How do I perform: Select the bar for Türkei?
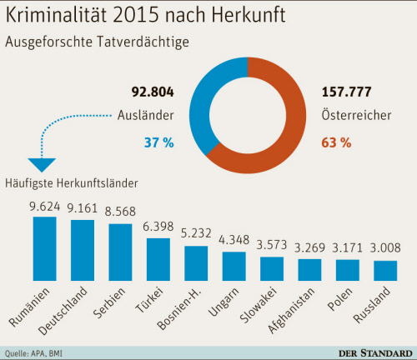click(158, 262)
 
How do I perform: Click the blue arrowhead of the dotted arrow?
click(41, 165)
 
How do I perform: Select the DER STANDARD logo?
click(372, 352)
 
